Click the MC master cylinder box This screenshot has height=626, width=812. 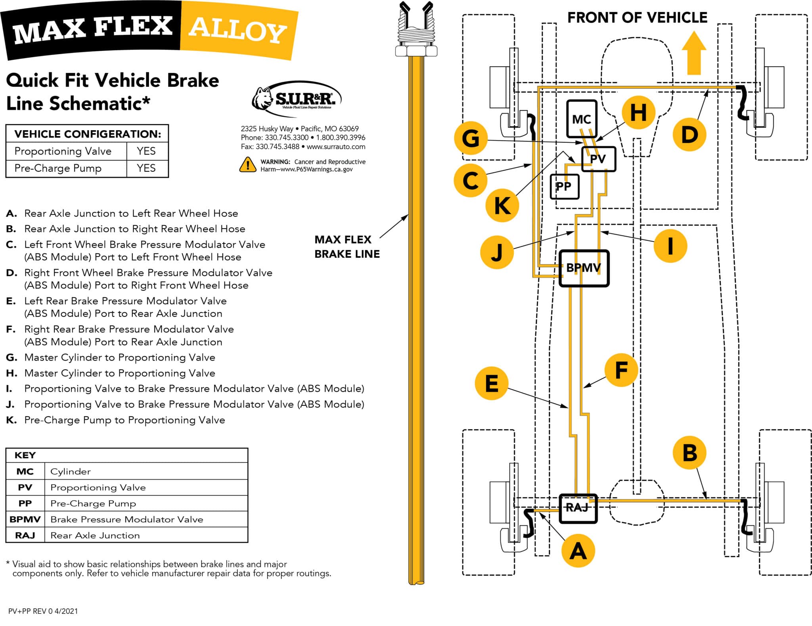tap(582, 119)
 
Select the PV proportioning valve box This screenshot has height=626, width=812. tap(598, 159)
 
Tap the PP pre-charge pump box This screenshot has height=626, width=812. tap(564, 186)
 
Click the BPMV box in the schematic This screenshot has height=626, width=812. tap(584, 268)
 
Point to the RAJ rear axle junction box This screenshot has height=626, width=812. tap(578, 508)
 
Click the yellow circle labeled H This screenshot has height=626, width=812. tap(638, 113)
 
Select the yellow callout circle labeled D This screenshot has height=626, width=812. tap(689, 135)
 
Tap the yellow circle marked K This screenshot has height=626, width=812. tap(502, 205)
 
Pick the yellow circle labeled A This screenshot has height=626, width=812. tap(578, 551)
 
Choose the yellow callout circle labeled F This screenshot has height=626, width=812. tap(621, 370)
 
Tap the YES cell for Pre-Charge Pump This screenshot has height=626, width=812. tap(146, 168)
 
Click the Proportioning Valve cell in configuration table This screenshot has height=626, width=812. tap(63, 151)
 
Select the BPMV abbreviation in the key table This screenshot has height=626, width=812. tap(25, 519)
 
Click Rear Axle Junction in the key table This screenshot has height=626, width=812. tap(95, 536)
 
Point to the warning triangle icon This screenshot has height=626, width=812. tap(248, 165)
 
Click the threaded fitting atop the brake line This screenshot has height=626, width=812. tap(416, 34)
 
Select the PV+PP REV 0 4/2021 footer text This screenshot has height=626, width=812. tap(43, 611)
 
